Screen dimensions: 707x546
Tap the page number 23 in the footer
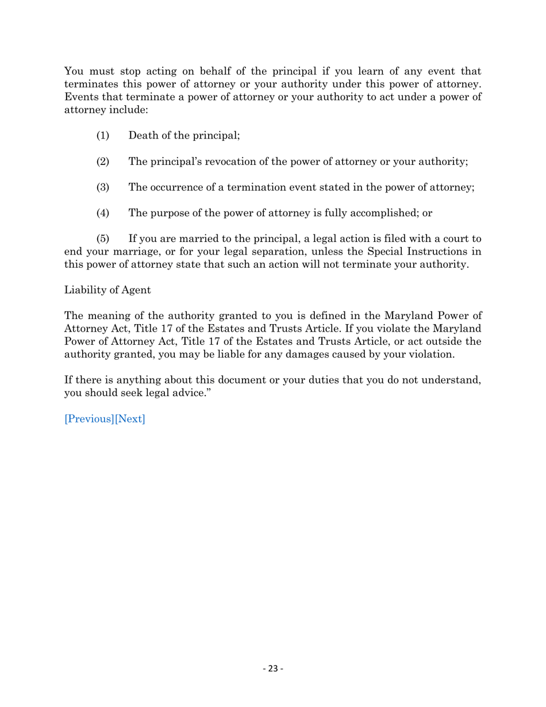[x=273, y=668]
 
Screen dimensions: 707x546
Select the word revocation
[x=224, y=162]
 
